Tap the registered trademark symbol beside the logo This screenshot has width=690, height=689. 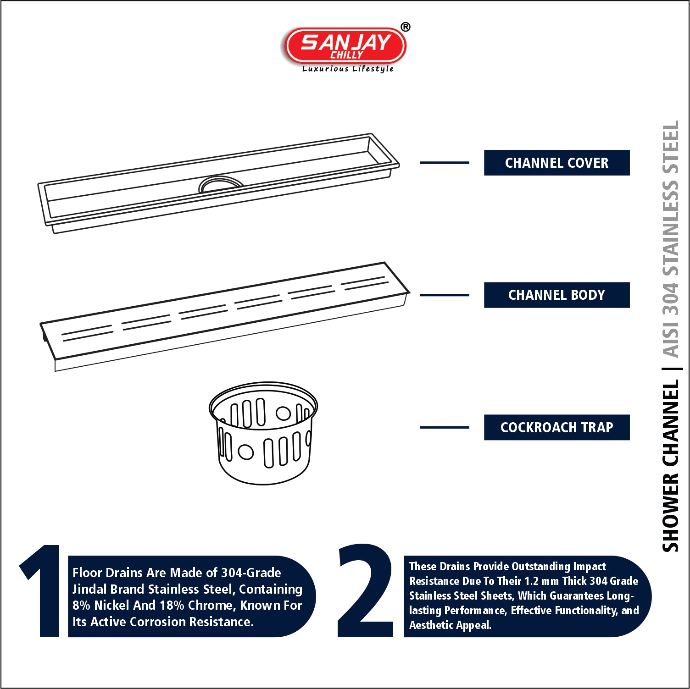pos(405,27)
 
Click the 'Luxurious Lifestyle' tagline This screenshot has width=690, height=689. pos(348,69)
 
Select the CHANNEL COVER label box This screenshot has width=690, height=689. pos(556,163)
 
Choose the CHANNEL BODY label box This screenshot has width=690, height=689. pos(556,295)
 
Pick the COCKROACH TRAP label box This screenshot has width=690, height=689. pos(556,427)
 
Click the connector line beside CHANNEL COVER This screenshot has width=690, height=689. pos(444,162)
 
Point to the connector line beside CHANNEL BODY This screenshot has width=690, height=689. pos(444,295)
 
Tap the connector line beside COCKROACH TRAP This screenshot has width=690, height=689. pos(444,427)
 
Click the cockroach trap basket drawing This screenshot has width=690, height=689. pos(263,433)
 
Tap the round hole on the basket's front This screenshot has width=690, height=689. pos(246,452)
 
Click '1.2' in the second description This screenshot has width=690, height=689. pos(531,581)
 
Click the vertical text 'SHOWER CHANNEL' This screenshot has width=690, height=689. pos(670,466)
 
